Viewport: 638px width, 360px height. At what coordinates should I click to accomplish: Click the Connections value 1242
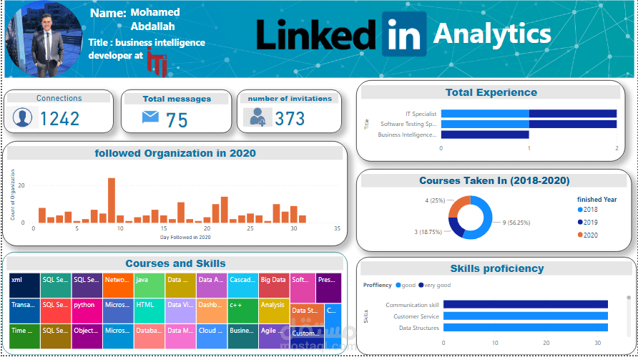[x=59, y=118]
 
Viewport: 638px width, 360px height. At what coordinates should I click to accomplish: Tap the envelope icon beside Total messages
[x=150, y=117]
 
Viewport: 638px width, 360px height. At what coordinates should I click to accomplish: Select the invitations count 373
[x=290, y=118]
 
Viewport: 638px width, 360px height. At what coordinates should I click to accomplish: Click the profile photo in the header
[x=43, y=39]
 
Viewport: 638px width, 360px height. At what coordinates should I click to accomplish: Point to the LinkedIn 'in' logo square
[x=405, y=34]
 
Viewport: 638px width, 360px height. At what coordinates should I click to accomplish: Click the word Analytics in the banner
[x=492, y=34]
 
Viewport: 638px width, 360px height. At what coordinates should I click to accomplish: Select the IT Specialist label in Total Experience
[x=421, y=114]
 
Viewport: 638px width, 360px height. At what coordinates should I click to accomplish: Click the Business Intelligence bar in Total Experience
[x=484, y=135]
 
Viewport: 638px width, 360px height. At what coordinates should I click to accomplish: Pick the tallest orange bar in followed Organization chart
[x=112, y=200]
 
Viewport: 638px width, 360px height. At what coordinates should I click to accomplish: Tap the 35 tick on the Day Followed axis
[x=337, y=229]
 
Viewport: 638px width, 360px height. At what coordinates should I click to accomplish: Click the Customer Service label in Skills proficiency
[x=416, y=316]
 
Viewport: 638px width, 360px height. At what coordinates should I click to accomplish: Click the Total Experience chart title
[x=491, y=92]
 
